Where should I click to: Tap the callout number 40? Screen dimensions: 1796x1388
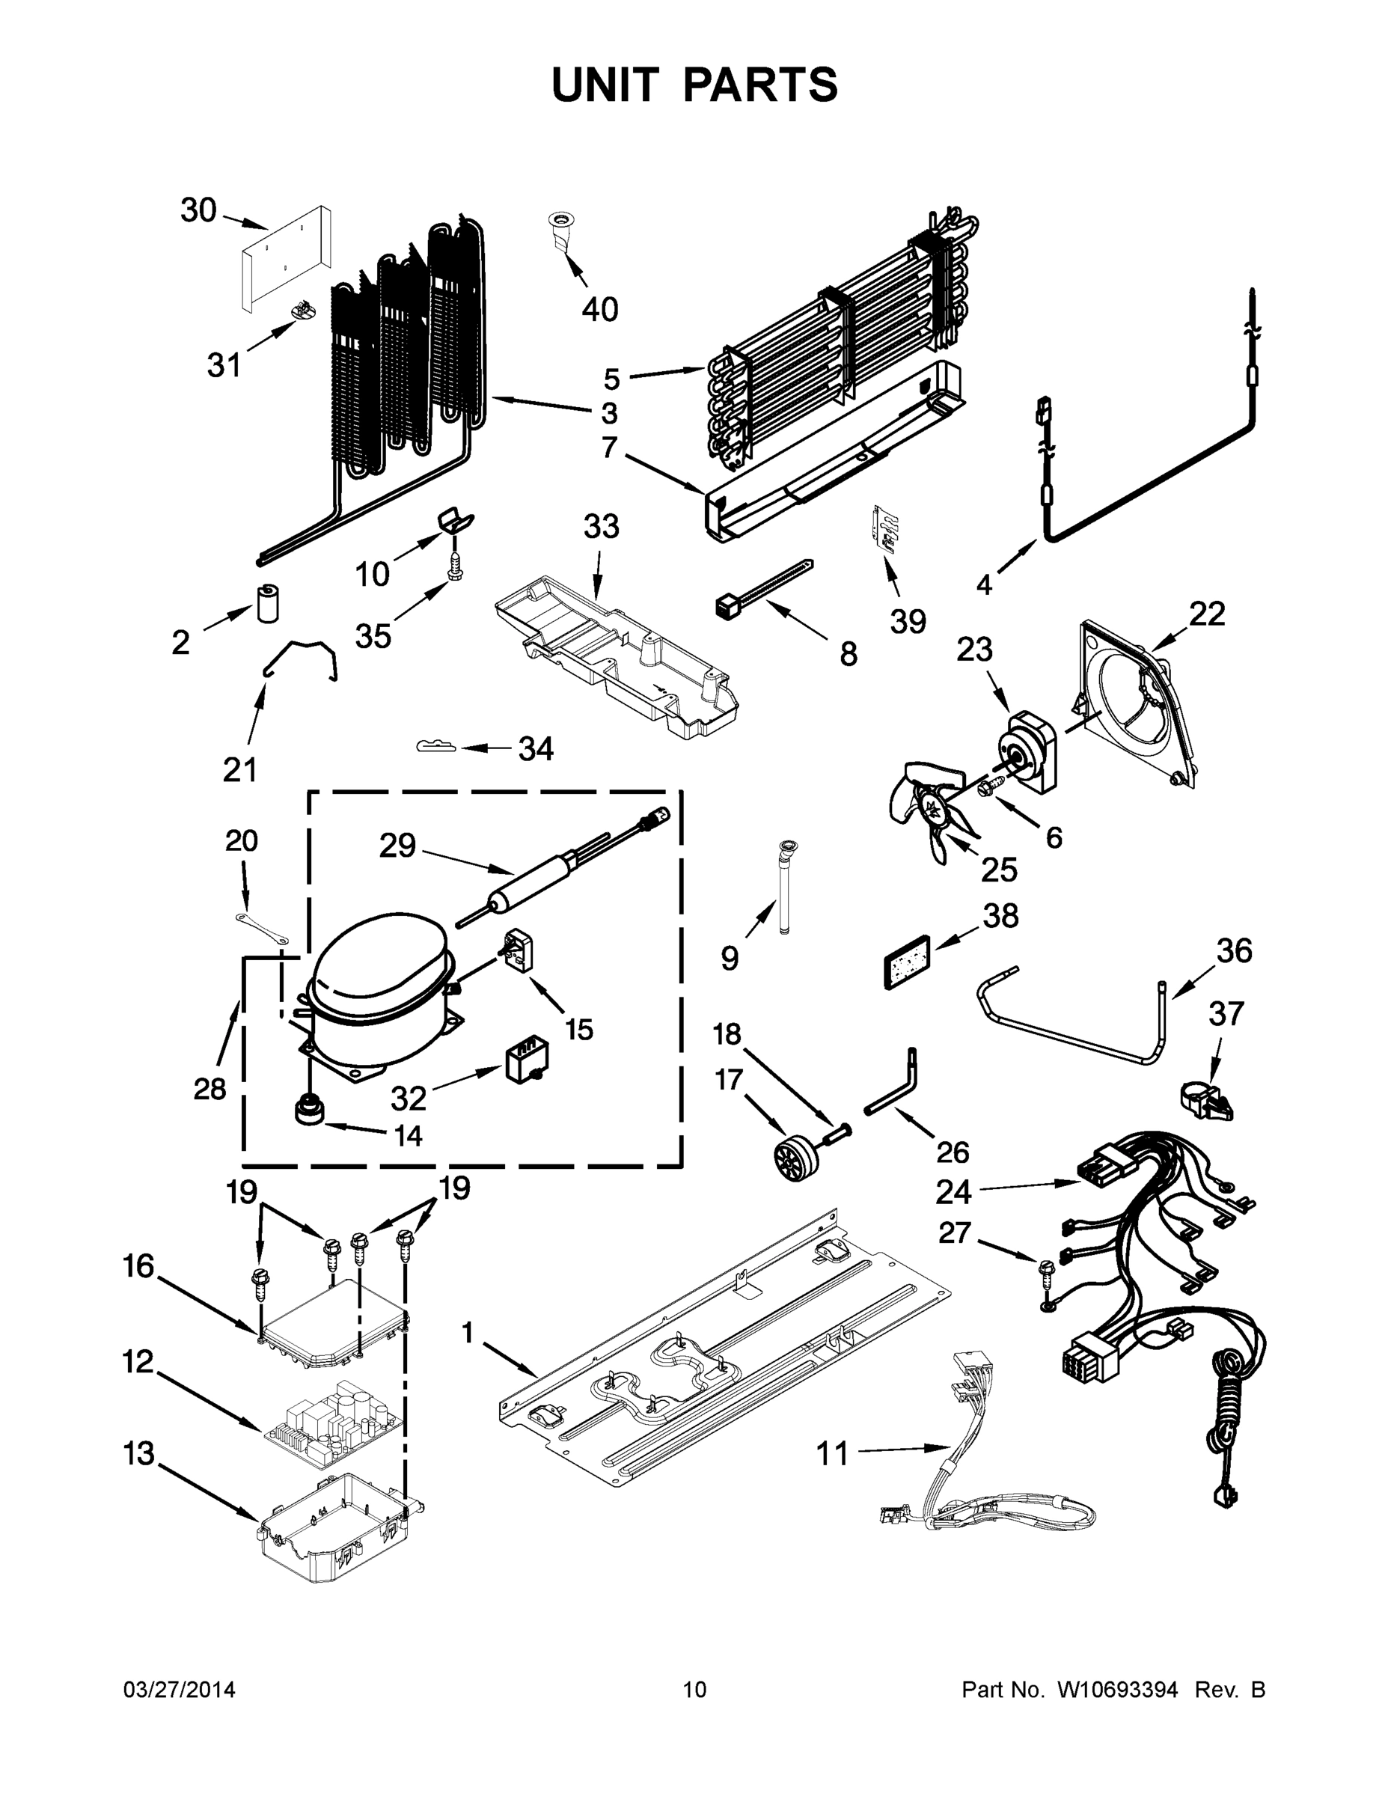pyautogui.click(x=599, y=310)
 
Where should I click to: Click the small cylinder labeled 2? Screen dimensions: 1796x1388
pyautogui.click(x=269, y=605)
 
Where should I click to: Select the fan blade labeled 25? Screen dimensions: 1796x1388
pyautogui.click(x=932, y=810)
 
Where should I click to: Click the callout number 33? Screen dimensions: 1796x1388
pyautogui.click(x=600, y=526)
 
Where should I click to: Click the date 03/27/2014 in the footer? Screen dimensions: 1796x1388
pyautogui.click(x=180, y=1690)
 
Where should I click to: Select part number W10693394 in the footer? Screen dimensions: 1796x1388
pyautogui.click(x=1116, y=1690)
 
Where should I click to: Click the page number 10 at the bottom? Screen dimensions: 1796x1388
pyautogui.click(x=694, y=1690)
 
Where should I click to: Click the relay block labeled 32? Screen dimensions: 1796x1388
pyautogui.click(x=526, y=1061)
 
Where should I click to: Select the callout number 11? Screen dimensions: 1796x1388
pyautogui.click(x=831, y=1454)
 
